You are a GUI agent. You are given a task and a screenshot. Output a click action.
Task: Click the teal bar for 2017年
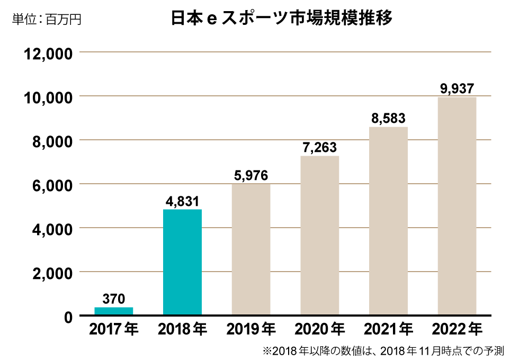click(114, 311)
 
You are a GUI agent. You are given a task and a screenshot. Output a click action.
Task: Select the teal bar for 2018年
click(182, 263)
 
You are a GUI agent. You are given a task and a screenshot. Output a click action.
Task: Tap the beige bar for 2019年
click(251, 250)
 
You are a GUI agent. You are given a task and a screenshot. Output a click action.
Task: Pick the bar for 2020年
click(319, 236)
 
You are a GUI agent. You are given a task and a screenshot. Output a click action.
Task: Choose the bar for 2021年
click(388, 221)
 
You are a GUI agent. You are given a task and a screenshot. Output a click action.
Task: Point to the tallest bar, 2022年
click(457, 206)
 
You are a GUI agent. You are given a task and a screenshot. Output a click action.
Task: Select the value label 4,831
click(182, 201)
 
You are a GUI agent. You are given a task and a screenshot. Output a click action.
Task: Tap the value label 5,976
click(251, 176)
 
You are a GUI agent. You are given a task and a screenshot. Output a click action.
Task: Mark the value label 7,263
click(319, 148)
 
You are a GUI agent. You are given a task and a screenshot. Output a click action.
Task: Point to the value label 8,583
click(388, 119)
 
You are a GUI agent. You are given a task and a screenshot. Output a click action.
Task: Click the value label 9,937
click(457, 88)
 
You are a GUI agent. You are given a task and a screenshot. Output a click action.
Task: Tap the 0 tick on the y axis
click(68, 317)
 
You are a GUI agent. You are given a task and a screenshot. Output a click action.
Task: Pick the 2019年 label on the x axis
click(251, 330)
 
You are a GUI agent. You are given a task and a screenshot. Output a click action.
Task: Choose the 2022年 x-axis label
click(457, 330)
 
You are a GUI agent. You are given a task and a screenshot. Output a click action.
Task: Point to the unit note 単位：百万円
click(47, 20)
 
